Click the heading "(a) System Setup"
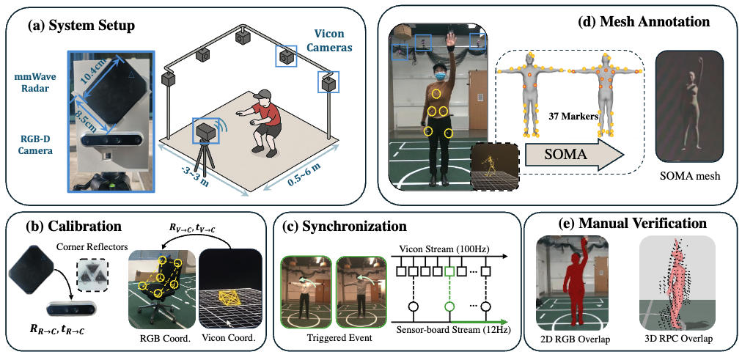80,26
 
